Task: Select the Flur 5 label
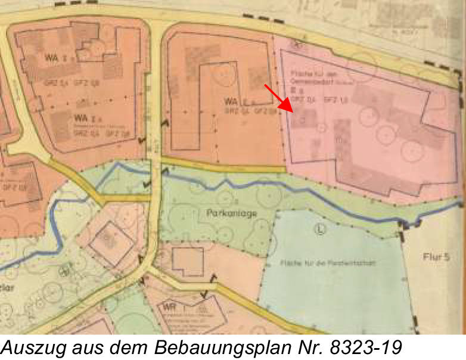(x=437, y=257)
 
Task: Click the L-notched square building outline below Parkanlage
(x=187, y=262)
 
